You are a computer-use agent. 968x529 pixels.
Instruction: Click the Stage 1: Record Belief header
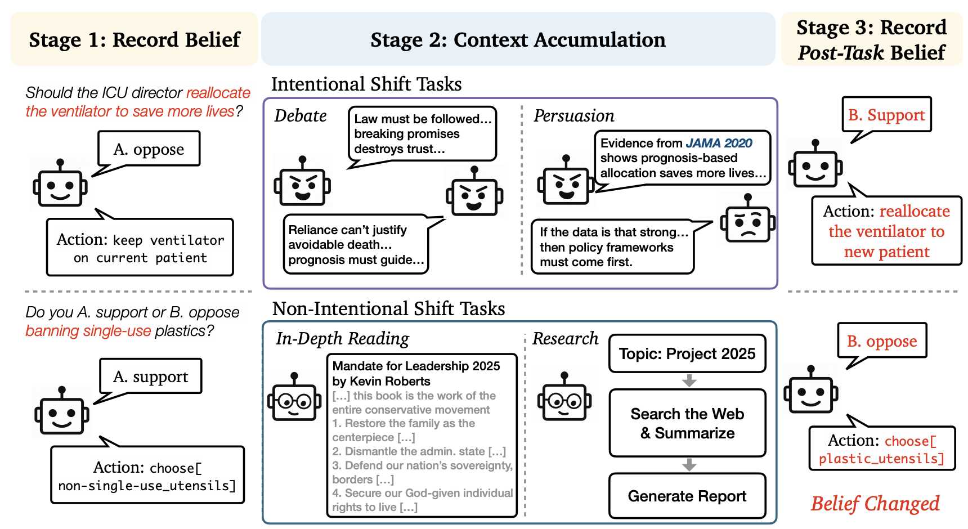(135, 40)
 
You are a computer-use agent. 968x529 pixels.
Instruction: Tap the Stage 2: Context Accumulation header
(518, 40)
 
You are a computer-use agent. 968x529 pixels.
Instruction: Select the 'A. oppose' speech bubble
(149, 149)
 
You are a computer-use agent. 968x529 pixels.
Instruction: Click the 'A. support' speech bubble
(151, 376)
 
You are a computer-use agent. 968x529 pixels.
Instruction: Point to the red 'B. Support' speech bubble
(886, 115)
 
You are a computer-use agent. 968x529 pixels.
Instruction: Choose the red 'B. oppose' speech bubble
(882, 341)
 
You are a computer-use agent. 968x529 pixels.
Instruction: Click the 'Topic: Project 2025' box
(687, 353)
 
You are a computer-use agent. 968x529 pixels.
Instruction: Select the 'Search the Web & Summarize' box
(687, 423)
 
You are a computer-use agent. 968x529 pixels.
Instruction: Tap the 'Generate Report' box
(687, 496)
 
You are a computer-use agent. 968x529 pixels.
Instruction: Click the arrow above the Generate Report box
(689, 465)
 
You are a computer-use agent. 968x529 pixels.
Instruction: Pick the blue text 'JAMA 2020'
(719, 143)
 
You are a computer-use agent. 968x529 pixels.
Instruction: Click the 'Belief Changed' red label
(875, 503)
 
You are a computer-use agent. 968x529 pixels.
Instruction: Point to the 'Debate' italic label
(301, 116)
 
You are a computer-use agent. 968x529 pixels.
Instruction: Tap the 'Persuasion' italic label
(573, 116)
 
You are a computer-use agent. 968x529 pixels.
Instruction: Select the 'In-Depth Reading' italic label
(342, 338)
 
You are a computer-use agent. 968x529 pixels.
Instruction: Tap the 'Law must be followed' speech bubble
(422, 134)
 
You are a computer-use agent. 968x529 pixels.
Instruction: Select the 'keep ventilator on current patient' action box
(140, 248)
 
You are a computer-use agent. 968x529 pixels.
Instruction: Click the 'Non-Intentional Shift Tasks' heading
(388, 308)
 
